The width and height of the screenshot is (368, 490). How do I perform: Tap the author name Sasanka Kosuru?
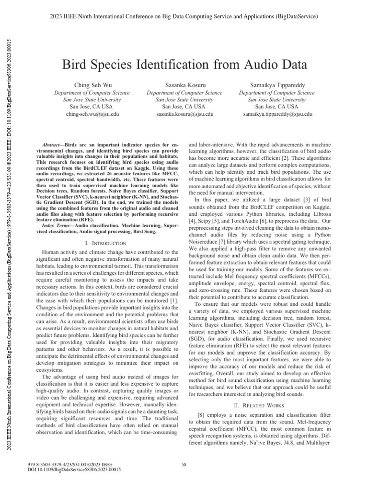[x=184, y=84]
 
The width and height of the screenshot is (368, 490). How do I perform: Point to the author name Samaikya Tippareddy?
[x=277, y=84]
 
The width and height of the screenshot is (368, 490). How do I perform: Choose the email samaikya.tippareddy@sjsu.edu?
[x=277, y=115]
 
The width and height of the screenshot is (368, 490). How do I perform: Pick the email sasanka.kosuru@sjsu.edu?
[x=184, y=115]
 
